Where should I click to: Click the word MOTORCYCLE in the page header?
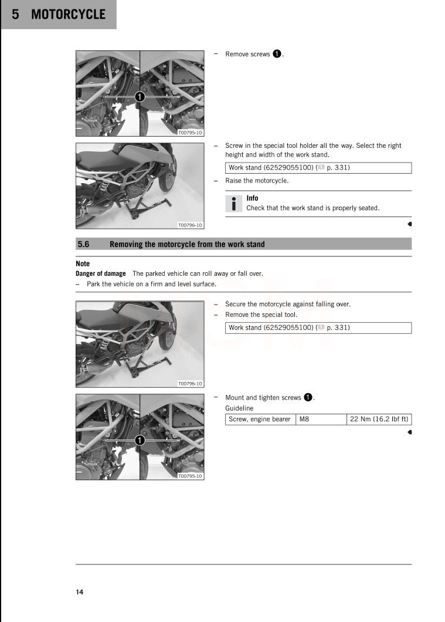pyautogui.click(x=68, y=15)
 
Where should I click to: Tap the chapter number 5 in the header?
pyautogui.click(x=16, y=15)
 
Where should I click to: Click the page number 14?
pyautogui.click(x=79, y=591)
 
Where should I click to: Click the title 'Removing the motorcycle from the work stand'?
pyautogui.click(x=187, y=244)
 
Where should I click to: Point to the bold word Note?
pyautogui.click(x=83, y=263)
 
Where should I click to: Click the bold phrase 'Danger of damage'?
pyautogui.click(x=100, y=273)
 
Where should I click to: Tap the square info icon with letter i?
pyautogui.click(x=233, y=203)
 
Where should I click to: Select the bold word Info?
pyautogui.click(x=252, y=198)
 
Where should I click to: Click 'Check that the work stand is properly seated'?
pyautogui.click(x=312, y=208)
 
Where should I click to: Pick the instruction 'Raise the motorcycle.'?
pyautogui.click(x=257, y=181)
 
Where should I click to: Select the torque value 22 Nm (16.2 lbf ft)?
pyautogui.click(x=379, y=419)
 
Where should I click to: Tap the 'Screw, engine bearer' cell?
pyautogui.click(x=259, y=419)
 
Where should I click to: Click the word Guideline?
pyautogui.click(x=239, y=408)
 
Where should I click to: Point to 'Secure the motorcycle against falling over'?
pyautogui.click(x=288, y=304)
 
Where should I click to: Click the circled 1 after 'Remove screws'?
pyautogui.click(x=277, y=54)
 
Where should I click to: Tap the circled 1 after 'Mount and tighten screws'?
pyautogui.click(x=308, y=397)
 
